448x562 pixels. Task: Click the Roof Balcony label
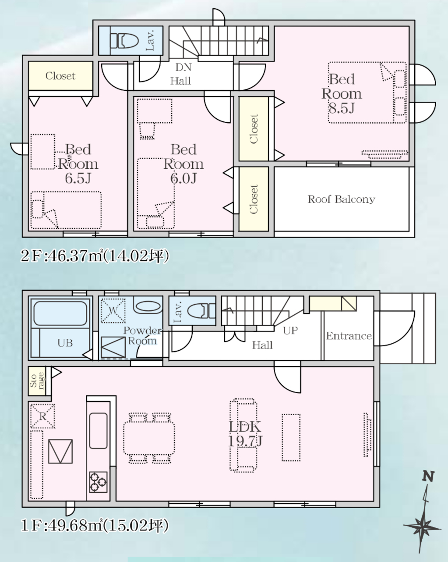(x=341, y=199)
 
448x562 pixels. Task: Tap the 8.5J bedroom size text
(x=341, y=107)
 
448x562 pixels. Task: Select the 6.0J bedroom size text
(x=183, y=178)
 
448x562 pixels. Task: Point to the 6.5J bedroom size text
(x=78, y=178)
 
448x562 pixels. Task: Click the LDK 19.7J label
(x=245, y=434)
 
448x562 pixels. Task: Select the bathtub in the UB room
(x=60, y=313)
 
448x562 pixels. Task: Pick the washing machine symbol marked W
(x=113, y=311)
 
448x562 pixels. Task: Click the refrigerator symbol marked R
(x=42, y=416)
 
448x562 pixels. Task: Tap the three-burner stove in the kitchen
(x=98, y=482)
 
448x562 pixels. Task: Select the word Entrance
(x=349, y=336)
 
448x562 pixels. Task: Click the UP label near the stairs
(x=290, y=331)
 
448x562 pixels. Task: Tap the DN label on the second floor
(x=183, y=68)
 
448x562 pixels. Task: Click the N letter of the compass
(x=428, y=477)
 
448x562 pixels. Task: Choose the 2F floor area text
(x=95, y=256)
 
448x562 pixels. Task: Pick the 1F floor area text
(x=95, y=525)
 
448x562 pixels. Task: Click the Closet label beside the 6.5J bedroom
(x=60, y=76)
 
